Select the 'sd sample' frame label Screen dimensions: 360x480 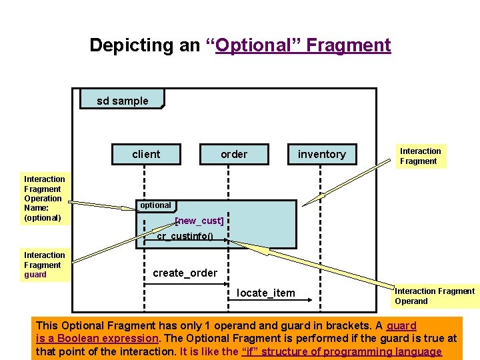[x=122, y=101]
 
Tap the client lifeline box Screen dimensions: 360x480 [x=146, y=154]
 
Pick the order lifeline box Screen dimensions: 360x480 [x=234, y=154]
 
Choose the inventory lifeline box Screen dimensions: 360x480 [x=321, y=154]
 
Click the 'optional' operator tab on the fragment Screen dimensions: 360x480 [x=155, y=205]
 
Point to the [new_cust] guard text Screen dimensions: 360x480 [x=199, y=221]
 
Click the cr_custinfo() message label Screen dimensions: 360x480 [x=185, y=236]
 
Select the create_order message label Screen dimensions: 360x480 [x=185, y=273]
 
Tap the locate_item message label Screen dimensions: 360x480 [x=266, y=293]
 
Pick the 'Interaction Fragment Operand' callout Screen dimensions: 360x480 [x=435, y=296]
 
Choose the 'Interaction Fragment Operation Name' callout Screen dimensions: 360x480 [x=44, y=198]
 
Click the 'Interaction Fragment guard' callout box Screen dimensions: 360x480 [x=45, y=265]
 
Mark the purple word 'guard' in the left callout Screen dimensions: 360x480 [x=35, y=275]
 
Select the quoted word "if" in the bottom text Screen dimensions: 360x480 [x=251, y=351]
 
